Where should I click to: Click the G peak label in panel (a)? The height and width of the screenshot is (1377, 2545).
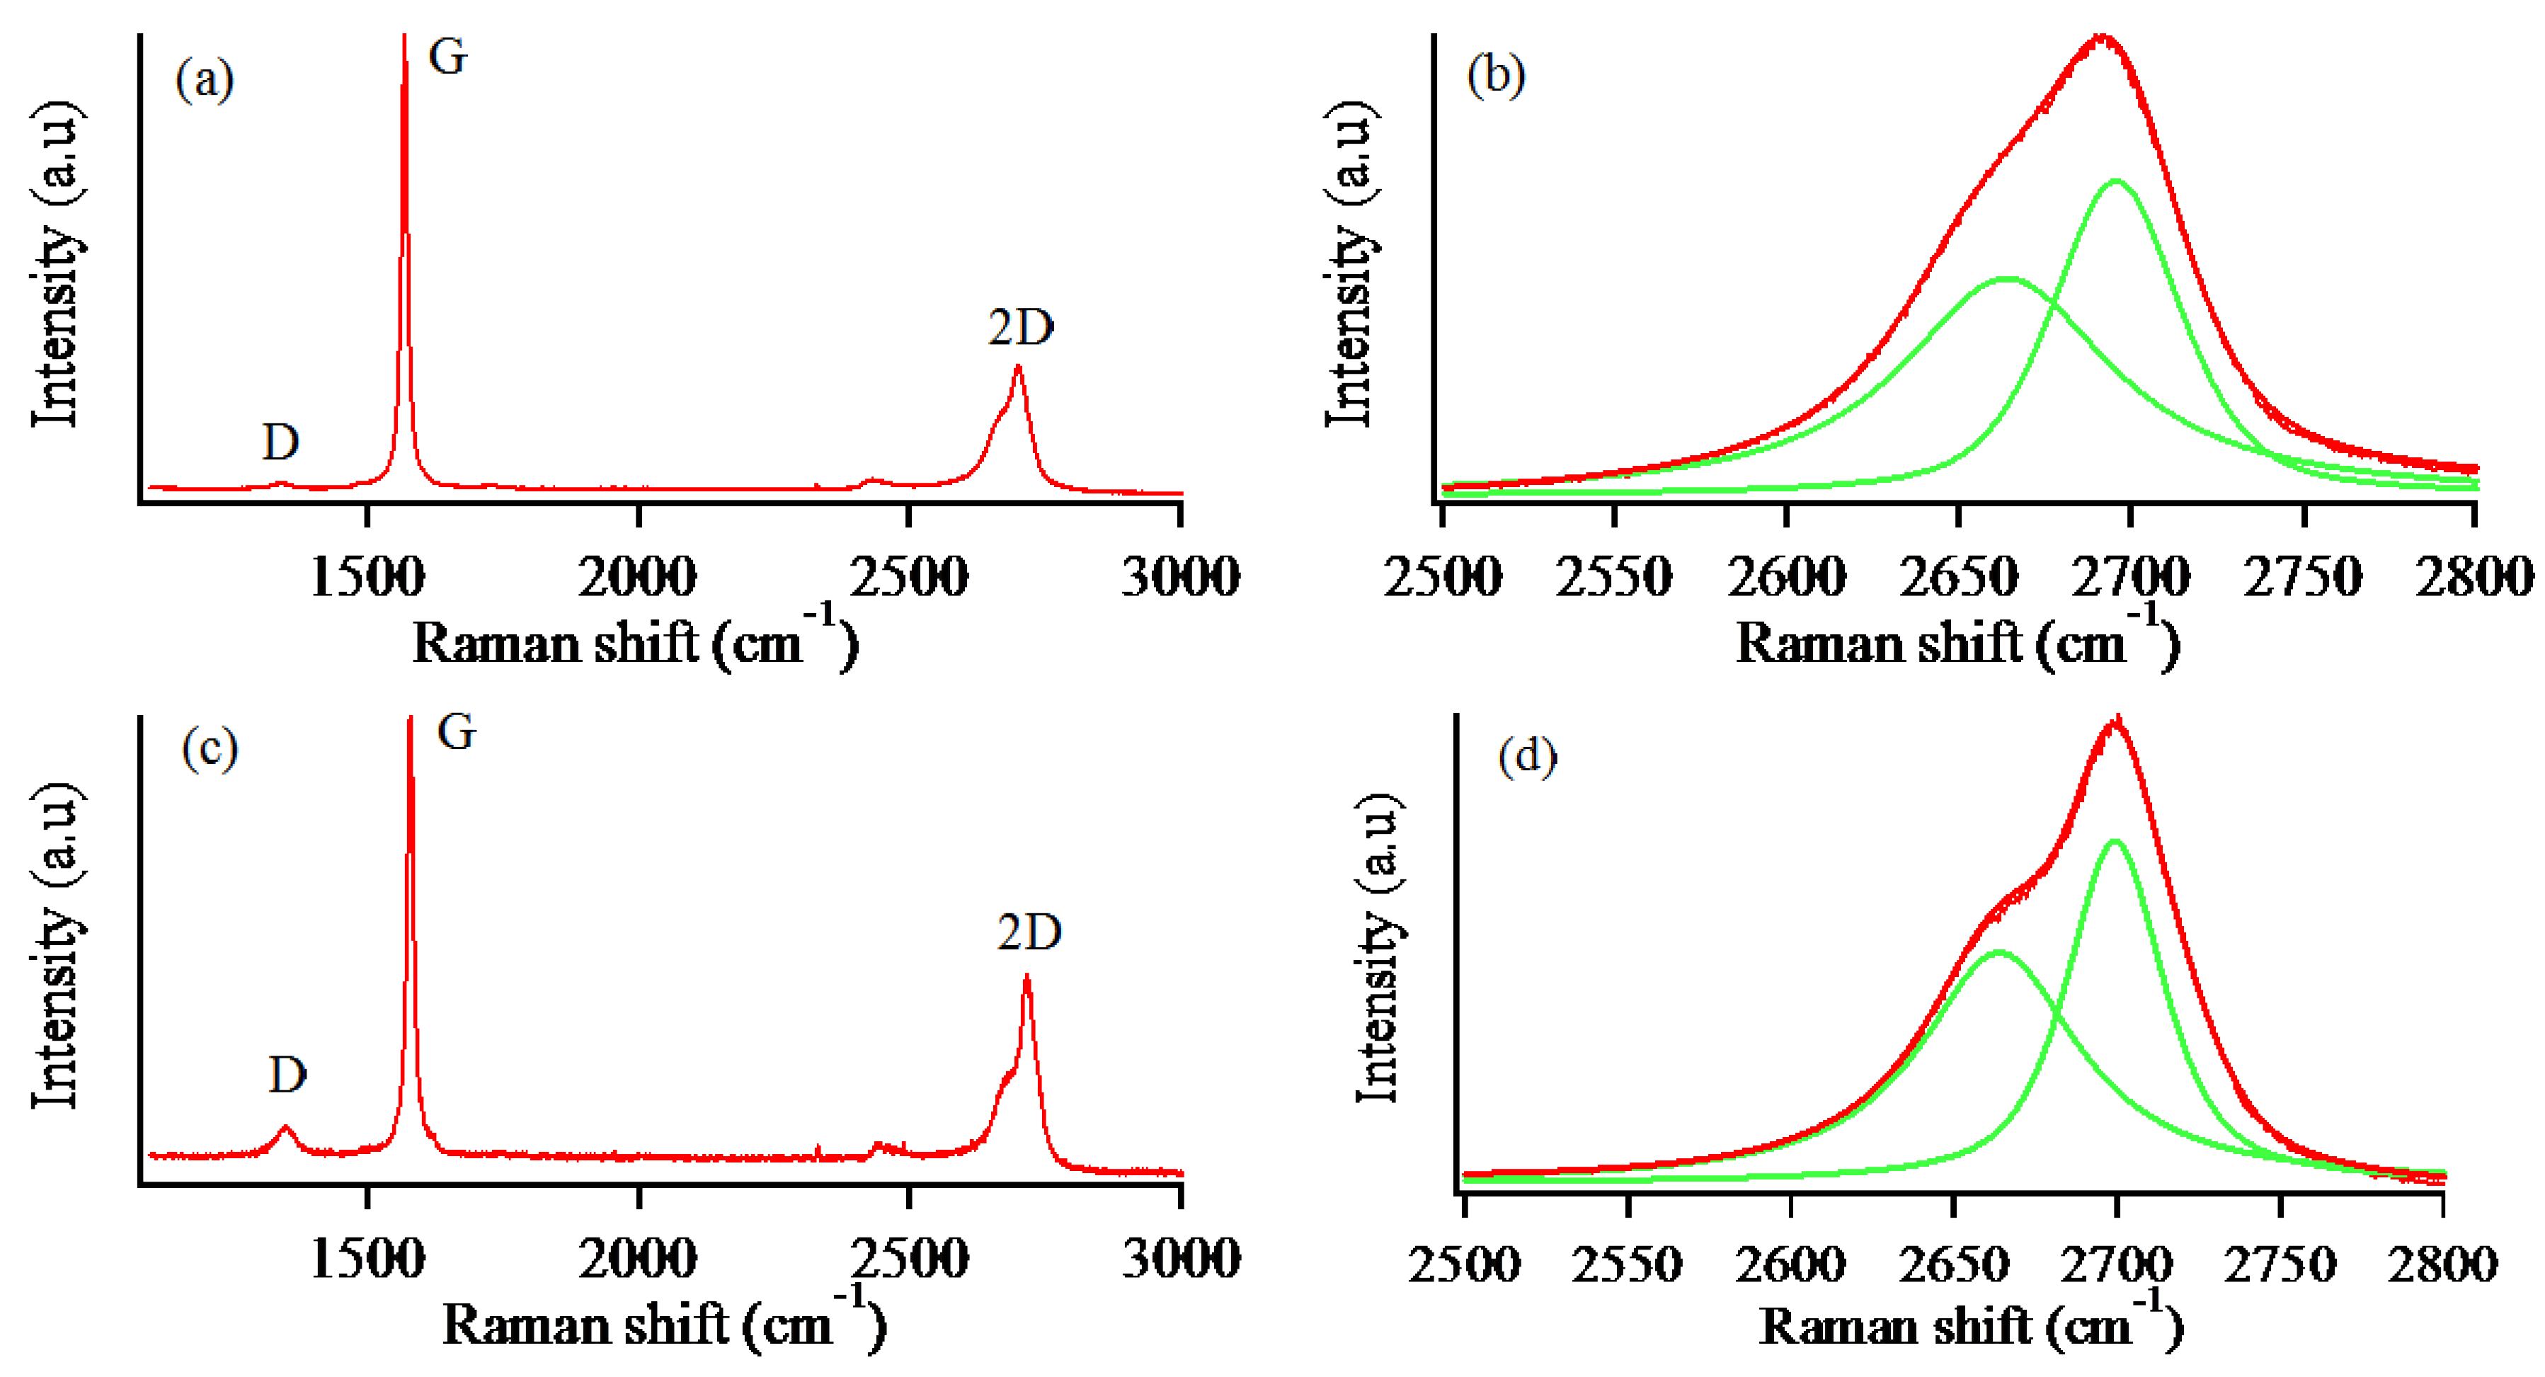(x=447, y=57)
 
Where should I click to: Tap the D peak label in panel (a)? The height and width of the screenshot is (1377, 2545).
(x=280, y=442)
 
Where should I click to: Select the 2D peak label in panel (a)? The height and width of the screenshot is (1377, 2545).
(x=1021, y=327)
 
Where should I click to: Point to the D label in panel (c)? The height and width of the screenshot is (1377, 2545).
(x=287, y=1074)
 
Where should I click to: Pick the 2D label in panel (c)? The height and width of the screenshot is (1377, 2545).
(x=1029, y=932)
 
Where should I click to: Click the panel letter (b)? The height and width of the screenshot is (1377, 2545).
(x=1496, y=76)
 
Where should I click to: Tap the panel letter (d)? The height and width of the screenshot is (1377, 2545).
(x=1528, y=758)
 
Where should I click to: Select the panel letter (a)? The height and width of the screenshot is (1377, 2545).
(x=205, y=79)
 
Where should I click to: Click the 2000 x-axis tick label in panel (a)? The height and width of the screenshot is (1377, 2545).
(x=637, y=576)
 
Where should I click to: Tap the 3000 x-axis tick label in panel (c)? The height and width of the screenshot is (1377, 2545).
(x=1181, y=1259)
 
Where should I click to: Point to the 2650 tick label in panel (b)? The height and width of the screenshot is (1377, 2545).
(x=1958, y=576)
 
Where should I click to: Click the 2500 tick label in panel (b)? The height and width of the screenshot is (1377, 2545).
(x=1443, y=576)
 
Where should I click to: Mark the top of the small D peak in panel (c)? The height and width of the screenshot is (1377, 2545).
(x=287, y=1126)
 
